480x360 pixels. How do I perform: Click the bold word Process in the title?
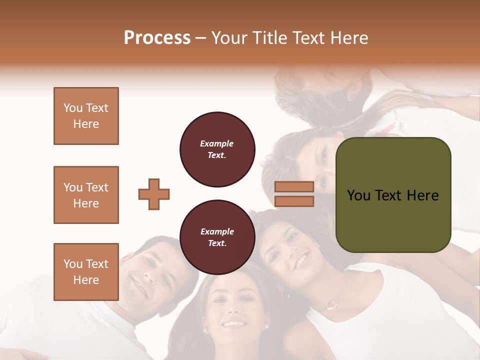(x=157, y=38)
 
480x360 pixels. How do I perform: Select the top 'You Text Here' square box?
(x=86, y=116)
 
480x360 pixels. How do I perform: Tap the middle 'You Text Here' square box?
(x=86, y=195)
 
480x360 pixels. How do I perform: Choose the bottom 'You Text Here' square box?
(x=86, y=271)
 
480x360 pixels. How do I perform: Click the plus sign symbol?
(x=154, y=194)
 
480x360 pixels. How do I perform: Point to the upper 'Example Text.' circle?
(x=217, y=149)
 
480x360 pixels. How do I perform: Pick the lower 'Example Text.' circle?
(x=217, y=237)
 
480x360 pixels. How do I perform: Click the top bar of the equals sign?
(x=294, y=186)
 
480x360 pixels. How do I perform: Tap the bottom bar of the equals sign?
(x=294, y=201)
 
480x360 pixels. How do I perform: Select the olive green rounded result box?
(x=393, y=195)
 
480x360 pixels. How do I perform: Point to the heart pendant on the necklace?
(x=330, y=303)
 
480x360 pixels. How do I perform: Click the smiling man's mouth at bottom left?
(x=137, y=286)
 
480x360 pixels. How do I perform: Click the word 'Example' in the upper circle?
(x=216, y=143)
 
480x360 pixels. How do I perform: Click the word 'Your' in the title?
(x=229, y=38)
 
